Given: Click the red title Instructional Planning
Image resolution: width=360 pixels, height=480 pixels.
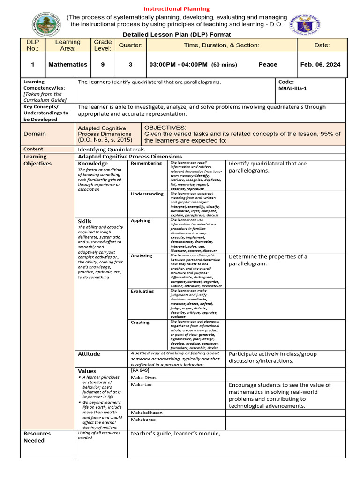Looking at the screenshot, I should (176, 9).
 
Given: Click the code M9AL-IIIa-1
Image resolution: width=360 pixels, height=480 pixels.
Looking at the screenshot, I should (292, 89).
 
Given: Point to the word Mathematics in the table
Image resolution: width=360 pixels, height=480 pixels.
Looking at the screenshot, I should (67, 65).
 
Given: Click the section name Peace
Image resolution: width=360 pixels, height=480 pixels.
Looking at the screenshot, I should (268, 65).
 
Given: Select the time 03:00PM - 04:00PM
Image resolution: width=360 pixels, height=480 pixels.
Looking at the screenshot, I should (178, 65).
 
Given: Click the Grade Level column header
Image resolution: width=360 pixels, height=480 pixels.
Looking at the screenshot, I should (103, 45).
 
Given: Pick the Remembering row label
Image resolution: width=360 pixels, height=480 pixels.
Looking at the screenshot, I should (146, 163).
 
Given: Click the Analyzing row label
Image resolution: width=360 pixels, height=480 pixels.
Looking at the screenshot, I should (142, 256).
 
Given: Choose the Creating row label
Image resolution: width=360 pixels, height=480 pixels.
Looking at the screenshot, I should (140, 322).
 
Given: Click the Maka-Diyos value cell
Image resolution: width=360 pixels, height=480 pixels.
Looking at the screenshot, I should (144, 377).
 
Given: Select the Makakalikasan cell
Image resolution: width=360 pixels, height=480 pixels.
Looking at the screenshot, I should (147, 412).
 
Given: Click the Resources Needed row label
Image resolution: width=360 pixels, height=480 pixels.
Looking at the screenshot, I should (37, 437).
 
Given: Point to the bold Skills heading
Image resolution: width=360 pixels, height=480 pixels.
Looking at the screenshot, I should (85, 221).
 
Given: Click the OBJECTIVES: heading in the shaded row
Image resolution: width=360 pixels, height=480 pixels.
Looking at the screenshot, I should (165, 127).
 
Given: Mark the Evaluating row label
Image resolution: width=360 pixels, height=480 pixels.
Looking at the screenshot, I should (142, 291).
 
